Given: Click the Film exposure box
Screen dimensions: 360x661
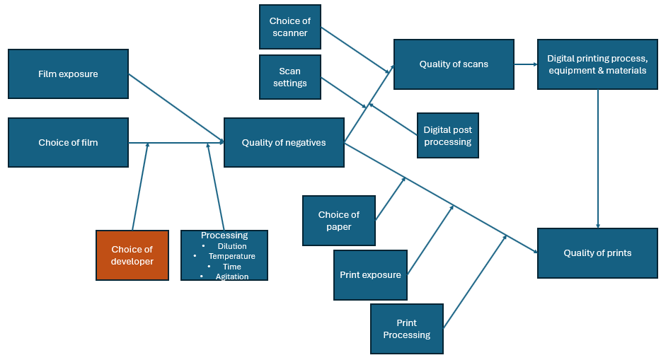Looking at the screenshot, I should tap(68, 74).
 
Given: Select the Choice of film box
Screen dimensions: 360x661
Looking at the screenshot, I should tap(68, 142).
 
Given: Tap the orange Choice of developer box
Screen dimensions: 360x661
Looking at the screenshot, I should tap(132, 255).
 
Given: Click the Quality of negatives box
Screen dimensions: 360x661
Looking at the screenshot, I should tap(284, 142).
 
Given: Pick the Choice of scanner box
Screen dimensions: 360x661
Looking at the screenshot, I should tap(289, 27).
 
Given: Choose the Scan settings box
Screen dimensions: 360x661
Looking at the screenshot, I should tap(289, 77).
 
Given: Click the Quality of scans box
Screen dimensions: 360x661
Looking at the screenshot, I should tap(454, 64).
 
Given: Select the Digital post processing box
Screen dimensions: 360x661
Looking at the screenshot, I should tap(447, 136).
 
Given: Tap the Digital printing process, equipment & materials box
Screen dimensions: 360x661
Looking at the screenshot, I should tap(597, 64).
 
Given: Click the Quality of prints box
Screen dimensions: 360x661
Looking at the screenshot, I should tap(597, 252).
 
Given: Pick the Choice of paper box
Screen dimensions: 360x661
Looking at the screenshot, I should tap(338, 221).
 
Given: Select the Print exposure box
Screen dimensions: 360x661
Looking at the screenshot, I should tap(370, 275).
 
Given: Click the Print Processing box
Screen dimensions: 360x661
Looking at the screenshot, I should tap(406, 329).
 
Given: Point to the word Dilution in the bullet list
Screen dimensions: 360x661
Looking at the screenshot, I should tap(232, 246).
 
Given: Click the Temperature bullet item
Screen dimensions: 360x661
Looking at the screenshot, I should tap(231, 256).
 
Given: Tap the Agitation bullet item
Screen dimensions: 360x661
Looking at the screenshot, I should tap(232, 277).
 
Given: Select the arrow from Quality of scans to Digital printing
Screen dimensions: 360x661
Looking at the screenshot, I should tap(525, 64).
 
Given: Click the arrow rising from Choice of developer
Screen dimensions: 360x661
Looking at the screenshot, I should tap(140, 187).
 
